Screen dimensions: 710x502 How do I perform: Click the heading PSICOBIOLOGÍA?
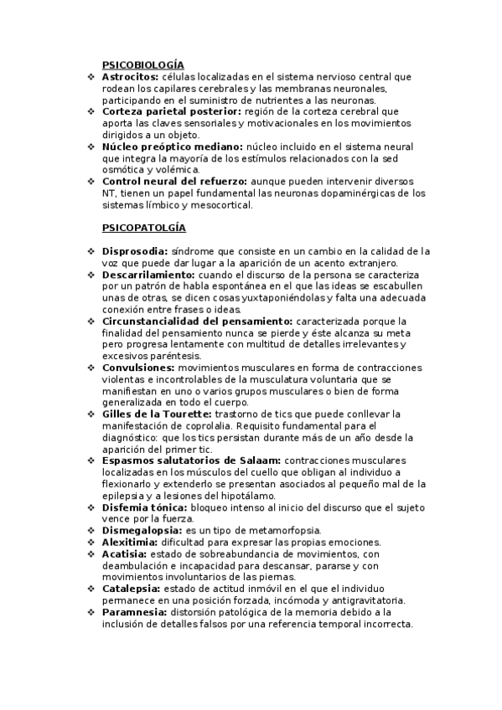[x=142, y=64]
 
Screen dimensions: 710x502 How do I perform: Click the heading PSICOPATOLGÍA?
[x=143, y=227]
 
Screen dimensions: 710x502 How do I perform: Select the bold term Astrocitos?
[x=131, y=76]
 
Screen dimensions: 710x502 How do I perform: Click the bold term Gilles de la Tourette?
[x=157, y=414]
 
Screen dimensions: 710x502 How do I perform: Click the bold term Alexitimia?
[x=129, y=543]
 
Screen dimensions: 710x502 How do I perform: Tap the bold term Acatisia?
[x=124, y=554]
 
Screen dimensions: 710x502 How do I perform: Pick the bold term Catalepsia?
[x=131, y=589]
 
